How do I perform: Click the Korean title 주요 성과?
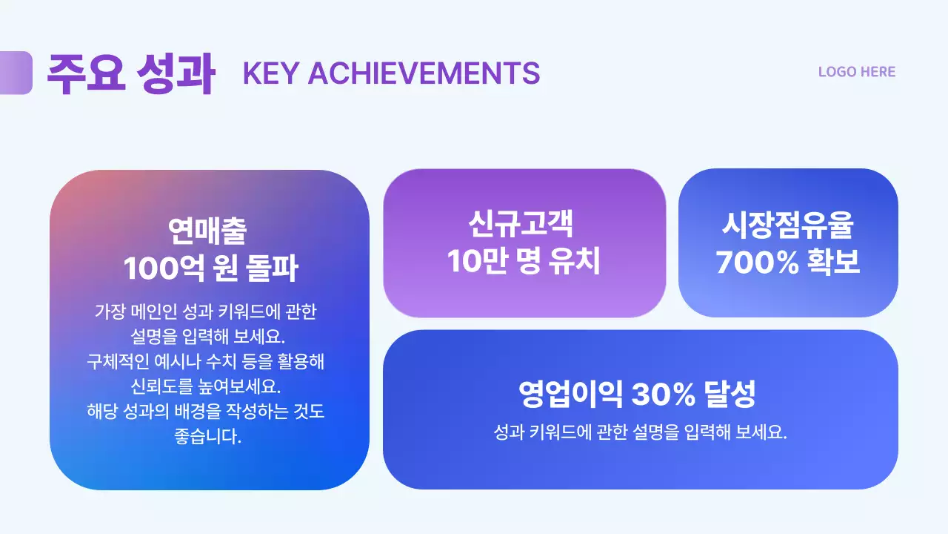[x=130, y=73]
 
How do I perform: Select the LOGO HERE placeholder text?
[x=857, y=72]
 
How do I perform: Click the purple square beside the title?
[x=16, y=73]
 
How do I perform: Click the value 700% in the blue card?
[x=752, y=262]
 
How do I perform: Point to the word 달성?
[x=730, y=395]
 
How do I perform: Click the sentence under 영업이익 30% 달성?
[x=640, y=432]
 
